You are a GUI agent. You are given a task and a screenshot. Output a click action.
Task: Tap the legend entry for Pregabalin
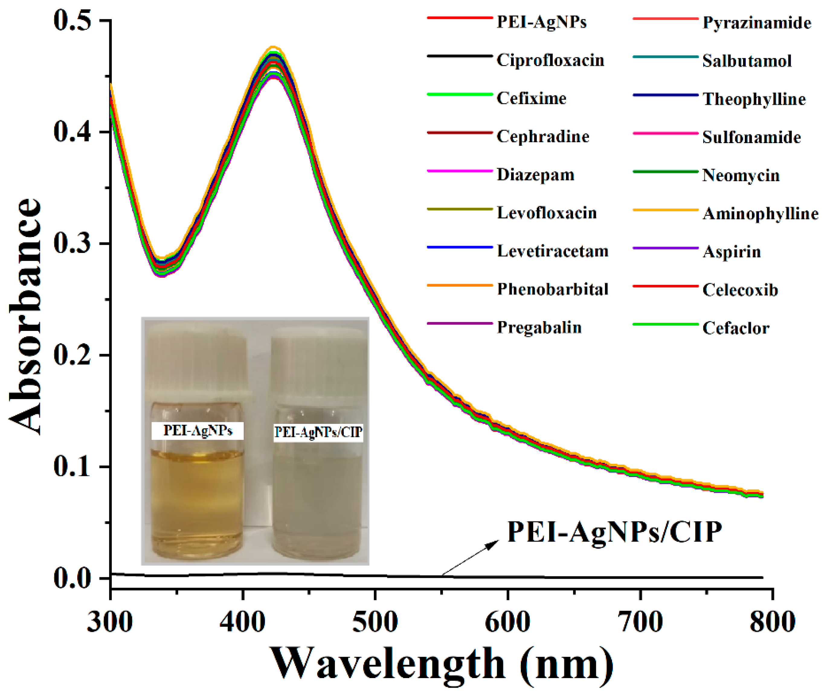click(539, 327)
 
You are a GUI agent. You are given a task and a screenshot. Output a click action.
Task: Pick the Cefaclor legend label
click(735, 328)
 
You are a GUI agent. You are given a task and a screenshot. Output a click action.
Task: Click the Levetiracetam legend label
click(552, 251)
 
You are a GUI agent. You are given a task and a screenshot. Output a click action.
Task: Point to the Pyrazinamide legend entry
click(757, 23)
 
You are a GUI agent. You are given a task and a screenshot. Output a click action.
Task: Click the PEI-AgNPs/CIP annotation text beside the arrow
click(614, 532)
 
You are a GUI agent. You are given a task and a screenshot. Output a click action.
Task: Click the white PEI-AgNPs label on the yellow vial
click(198, 430)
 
